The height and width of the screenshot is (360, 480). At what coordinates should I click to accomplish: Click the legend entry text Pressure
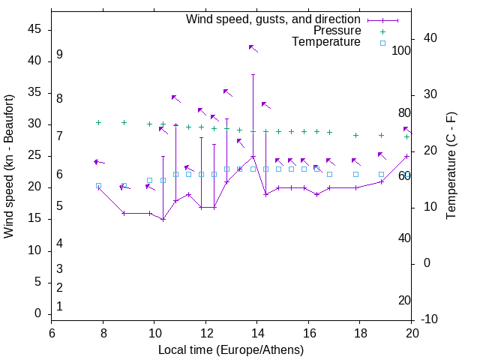pos(337,31)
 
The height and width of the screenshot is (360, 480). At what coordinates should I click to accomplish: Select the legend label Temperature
pos(326,42)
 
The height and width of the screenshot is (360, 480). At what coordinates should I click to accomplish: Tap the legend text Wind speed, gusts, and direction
pos(274,19)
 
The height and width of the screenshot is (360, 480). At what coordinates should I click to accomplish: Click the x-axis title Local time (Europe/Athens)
pos(231,350)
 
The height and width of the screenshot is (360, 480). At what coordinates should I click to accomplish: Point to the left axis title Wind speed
pos(9,166)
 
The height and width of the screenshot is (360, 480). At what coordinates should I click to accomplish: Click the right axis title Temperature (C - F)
pos(451,166)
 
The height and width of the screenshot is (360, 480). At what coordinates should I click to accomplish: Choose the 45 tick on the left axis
pos(34,29)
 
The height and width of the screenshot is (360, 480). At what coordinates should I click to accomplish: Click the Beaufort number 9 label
pos(59,55)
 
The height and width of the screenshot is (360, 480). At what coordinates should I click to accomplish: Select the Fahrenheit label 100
pos(401,51)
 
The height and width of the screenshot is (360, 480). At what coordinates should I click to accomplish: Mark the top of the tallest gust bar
pos(253,74)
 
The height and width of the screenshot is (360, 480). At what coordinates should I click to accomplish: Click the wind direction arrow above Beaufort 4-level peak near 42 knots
pos(253,48)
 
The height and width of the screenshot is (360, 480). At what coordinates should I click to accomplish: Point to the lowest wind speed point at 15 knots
pos(163,219)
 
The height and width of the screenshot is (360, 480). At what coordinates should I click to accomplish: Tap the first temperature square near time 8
pos(98,186)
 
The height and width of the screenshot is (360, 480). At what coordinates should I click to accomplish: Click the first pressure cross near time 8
pos(98,122)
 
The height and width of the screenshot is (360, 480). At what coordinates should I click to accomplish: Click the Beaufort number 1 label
pos(59,306)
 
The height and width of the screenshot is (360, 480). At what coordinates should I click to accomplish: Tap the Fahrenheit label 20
pos(404,300)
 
